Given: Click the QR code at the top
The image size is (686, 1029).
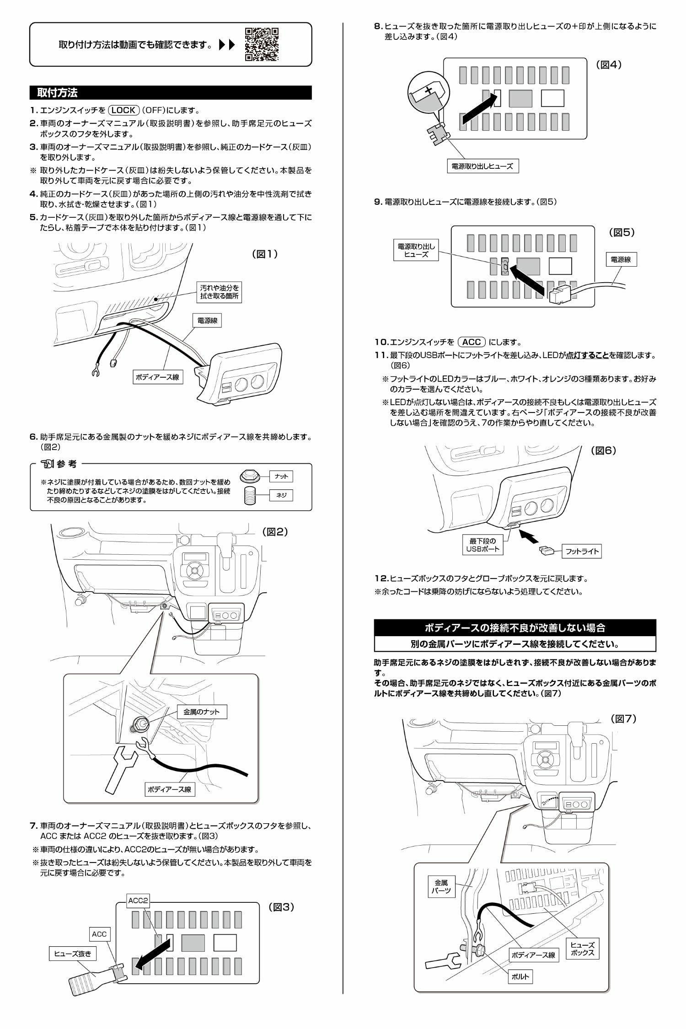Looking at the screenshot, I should coord(262,44).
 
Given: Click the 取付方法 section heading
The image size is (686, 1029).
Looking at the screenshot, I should coord(57,93).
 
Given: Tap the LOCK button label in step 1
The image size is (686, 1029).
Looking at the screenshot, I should coord(123,110).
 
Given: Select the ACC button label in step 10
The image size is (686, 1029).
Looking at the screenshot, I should coord(471,342).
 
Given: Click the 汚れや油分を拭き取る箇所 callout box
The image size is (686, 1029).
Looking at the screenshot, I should coord(220,292).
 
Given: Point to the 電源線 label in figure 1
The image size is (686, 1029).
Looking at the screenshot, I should coord(207,321).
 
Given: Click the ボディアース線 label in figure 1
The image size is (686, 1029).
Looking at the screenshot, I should coord(157,377).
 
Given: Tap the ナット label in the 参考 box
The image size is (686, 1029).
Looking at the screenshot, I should coord(281,477).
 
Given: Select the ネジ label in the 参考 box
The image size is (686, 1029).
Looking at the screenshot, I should coord(281,495).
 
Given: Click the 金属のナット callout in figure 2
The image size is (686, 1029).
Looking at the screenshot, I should coord(202,712).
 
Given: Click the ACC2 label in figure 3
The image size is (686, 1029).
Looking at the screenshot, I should coord(138,901).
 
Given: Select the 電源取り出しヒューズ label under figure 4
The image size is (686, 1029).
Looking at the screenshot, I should coord(482,166).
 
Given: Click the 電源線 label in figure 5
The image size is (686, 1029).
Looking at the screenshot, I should coord(621,259).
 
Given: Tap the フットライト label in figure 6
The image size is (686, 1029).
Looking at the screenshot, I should coord(582,551).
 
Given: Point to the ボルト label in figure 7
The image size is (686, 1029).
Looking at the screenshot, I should coord(520,973).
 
